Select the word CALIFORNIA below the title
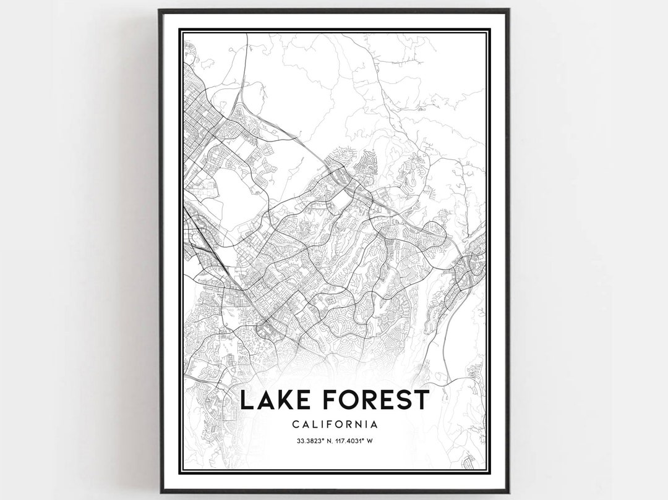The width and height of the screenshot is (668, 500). [334, 425]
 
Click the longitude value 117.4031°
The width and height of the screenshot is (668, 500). [358, 441]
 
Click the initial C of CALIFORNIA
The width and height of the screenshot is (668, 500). [293, 425]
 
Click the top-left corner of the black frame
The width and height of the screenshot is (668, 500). [160, 10]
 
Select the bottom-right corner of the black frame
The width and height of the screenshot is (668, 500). [508, 492]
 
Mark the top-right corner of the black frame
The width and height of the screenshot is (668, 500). [508, 10]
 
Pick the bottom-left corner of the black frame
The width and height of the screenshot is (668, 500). [160, 492]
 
